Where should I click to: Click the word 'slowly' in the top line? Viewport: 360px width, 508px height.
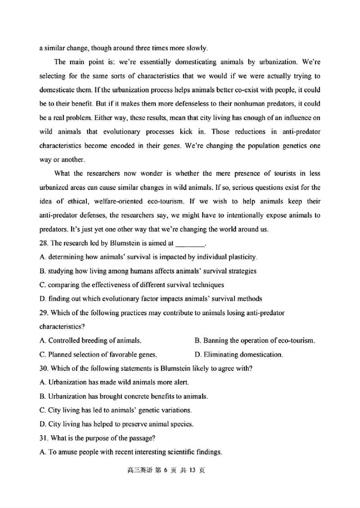coord(195,48)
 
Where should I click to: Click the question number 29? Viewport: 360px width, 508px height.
coord(44,312)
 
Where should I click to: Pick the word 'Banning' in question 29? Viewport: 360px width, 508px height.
coord(215,340)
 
